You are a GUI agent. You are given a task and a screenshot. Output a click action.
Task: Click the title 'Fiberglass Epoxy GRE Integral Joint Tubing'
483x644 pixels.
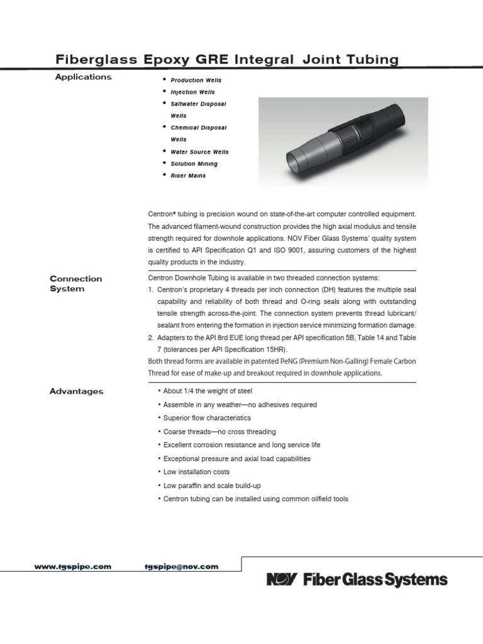(x=228, y=60)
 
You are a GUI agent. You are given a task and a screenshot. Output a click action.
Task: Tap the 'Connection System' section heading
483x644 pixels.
(x=75, y=284)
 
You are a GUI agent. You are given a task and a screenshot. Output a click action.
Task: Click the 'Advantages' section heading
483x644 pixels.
(x=76, y=391)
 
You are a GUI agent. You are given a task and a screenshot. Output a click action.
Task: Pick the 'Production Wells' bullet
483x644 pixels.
(x=196, y=80)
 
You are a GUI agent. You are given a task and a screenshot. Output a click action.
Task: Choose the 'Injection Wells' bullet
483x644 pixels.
(x=192, y=92)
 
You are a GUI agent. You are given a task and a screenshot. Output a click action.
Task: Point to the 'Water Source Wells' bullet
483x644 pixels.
(x=199, y=152)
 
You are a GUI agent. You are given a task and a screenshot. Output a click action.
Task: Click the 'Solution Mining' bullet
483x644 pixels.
(x=194, y=164)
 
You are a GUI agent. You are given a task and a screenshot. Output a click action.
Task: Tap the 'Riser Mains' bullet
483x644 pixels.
(x=188, y=176)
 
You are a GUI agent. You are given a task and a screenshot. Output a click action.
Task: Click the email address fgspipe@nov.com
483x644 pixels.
(x=182, y=567)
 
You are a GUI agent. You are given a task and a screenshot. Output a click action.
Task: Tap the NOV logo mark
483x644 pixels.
(x=283, y=579)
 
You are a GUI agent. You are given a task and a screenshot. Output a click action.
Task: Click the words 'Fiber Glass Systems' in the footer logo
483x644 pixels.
(x=375, y=579)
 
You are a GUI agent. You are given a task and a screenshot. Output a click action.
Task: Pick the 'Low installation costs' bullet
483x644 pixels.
(x=196, y=472)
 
